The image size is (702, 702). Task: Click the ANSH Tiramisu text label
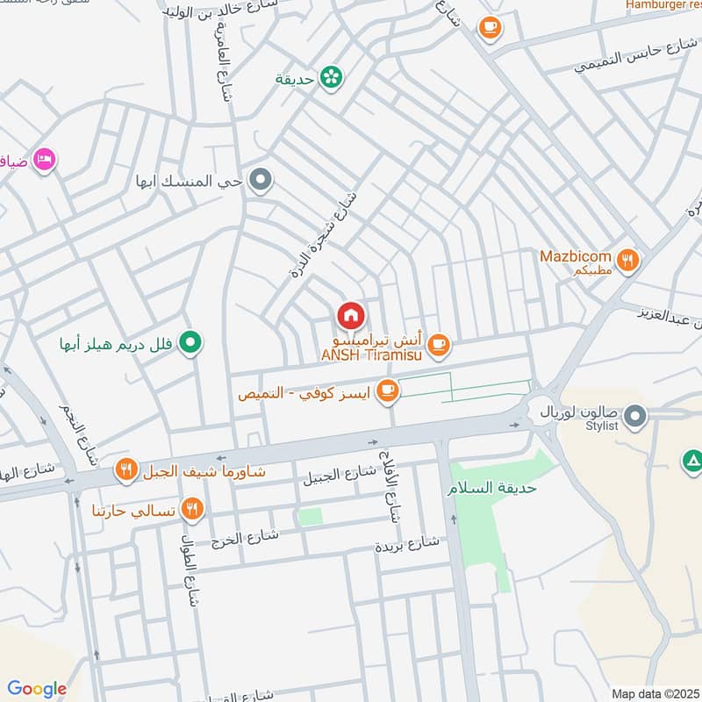(372, 355)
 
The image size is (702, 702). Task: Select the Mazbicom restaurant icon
(627, 260)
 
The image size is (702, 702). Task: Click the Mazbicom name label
(577, 255)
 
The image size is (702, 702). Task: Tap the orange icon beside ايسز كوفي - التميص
(387, 390)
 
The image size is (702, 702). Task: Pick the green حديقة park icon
(331, 79)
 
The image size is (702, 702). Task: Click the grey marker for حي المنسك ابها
(261, 182)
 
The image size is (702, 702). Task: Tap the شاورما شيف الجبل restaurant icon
(126, 471)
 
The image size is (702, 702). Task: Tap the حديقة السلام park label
(491, 488)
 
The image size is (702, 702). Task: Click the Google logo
(37, 689)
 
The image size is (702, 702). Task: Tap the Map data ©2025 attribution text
(654, 693)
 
